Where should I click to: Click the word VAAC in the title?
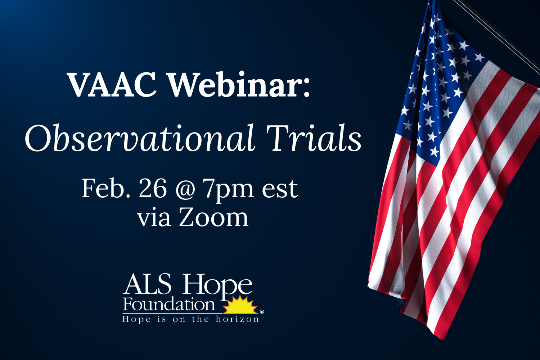(x=112, y=85)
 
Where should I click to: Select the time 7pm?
(x=228, y=189)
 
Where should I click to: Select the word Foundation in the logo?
(x=168, y=305)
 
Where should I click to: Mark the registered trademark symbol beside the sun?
(x=262, y=312)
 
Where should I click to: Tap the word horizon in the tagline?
(x=237, y=319)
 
